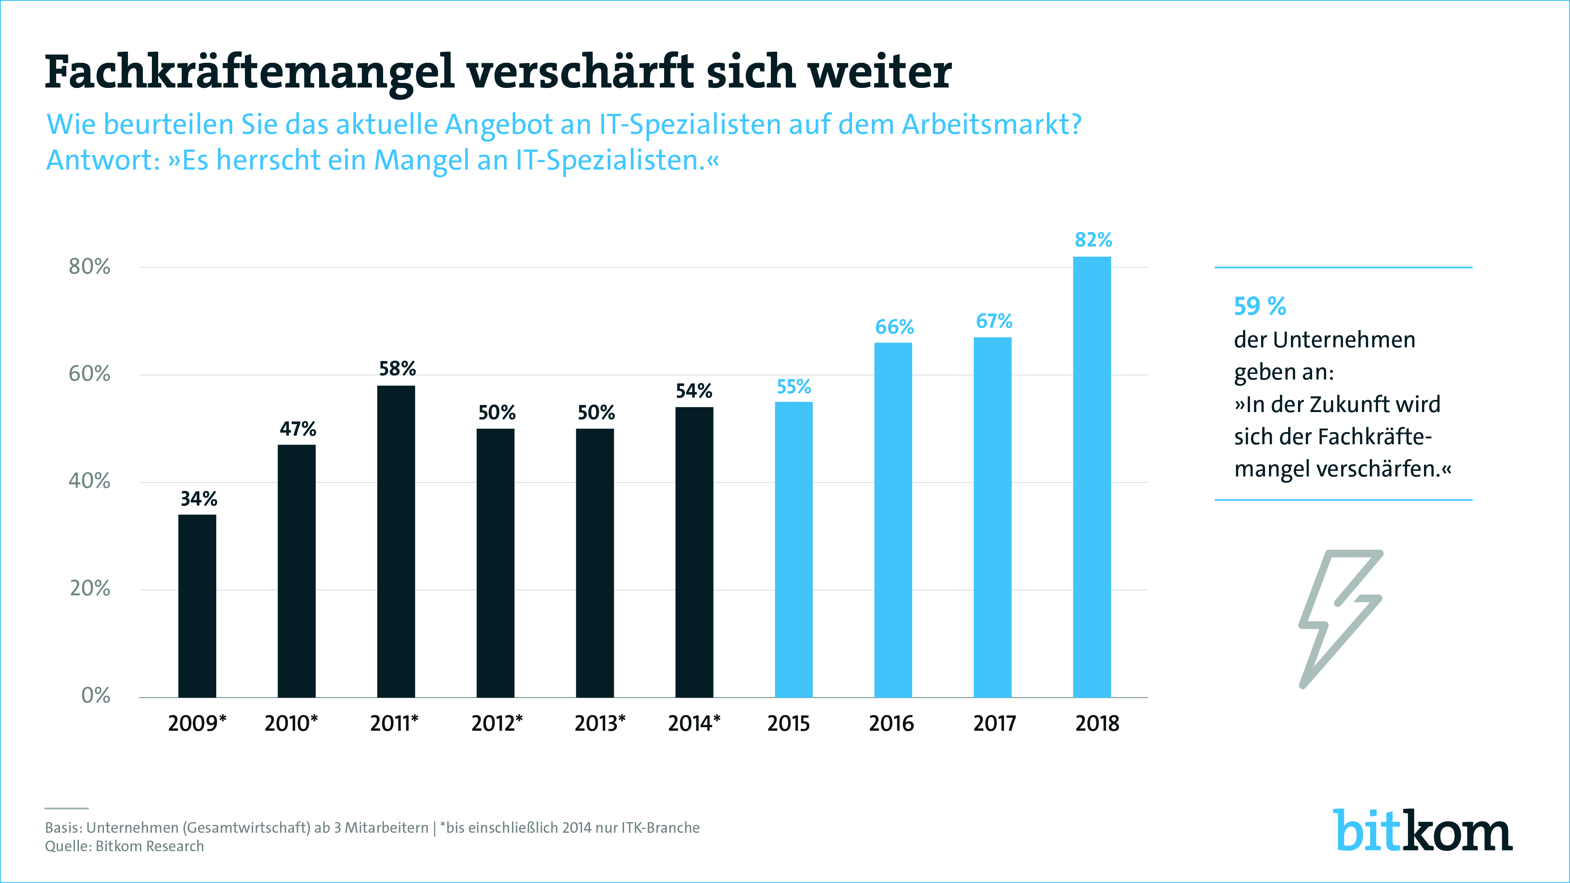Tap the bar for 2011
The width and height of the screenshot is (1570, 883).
(x=396, y=541)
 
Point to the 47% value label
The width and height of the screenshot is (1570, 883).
(x=298, y=429)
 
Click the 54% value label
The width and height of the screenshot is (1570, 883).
(x=694, y=390)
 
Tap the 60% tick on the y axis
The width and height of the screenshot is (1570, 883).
(x=89, y=374)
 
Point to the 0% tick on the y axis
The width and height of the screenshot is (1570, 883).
(x=96, y=695)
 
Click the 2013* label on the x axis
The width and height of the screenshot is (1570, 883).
(x=600, y=723)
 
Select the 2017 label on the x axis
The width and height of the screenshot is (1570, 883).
(x=994, y=723)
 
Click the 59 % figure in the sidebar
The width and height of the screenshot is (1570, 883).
(x=1259, y=306)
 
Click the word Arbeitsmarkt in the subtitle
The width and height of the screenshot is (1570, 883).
(x=990, y=124)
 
